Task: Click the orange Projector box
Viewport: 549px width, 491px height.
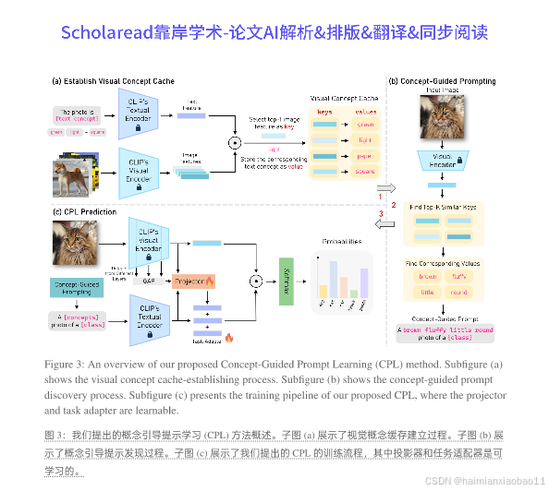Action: pos(192,281)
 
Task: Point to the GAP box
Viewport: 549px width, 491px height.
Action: pos(148,281)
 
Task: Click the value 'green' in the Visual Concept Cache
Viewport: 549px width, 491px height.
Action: pos(365,124)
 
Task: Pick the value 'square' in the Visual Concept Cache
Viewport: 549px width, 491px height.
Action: pos(365,171)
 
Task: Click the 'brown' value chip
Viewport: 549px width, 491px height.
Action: pos(427,276)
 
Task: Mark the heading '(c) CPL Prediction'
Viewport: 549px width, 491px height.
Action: pos(85,212)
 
